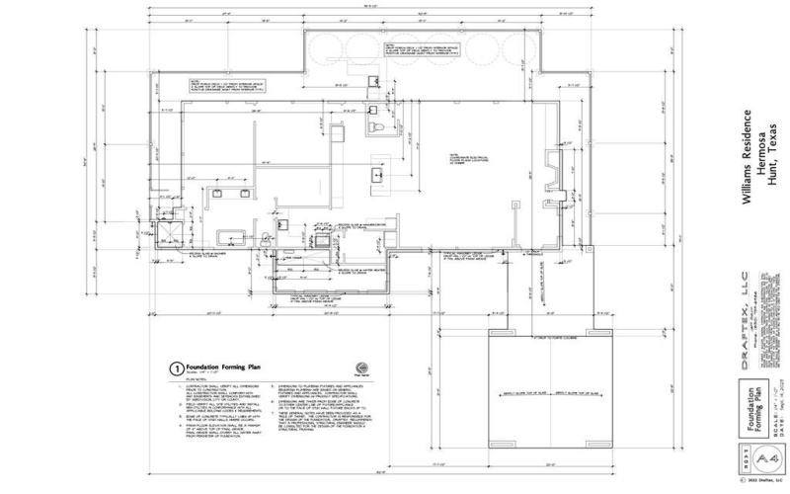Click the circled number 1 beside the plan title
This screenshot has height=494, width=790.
click(175, 364)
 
